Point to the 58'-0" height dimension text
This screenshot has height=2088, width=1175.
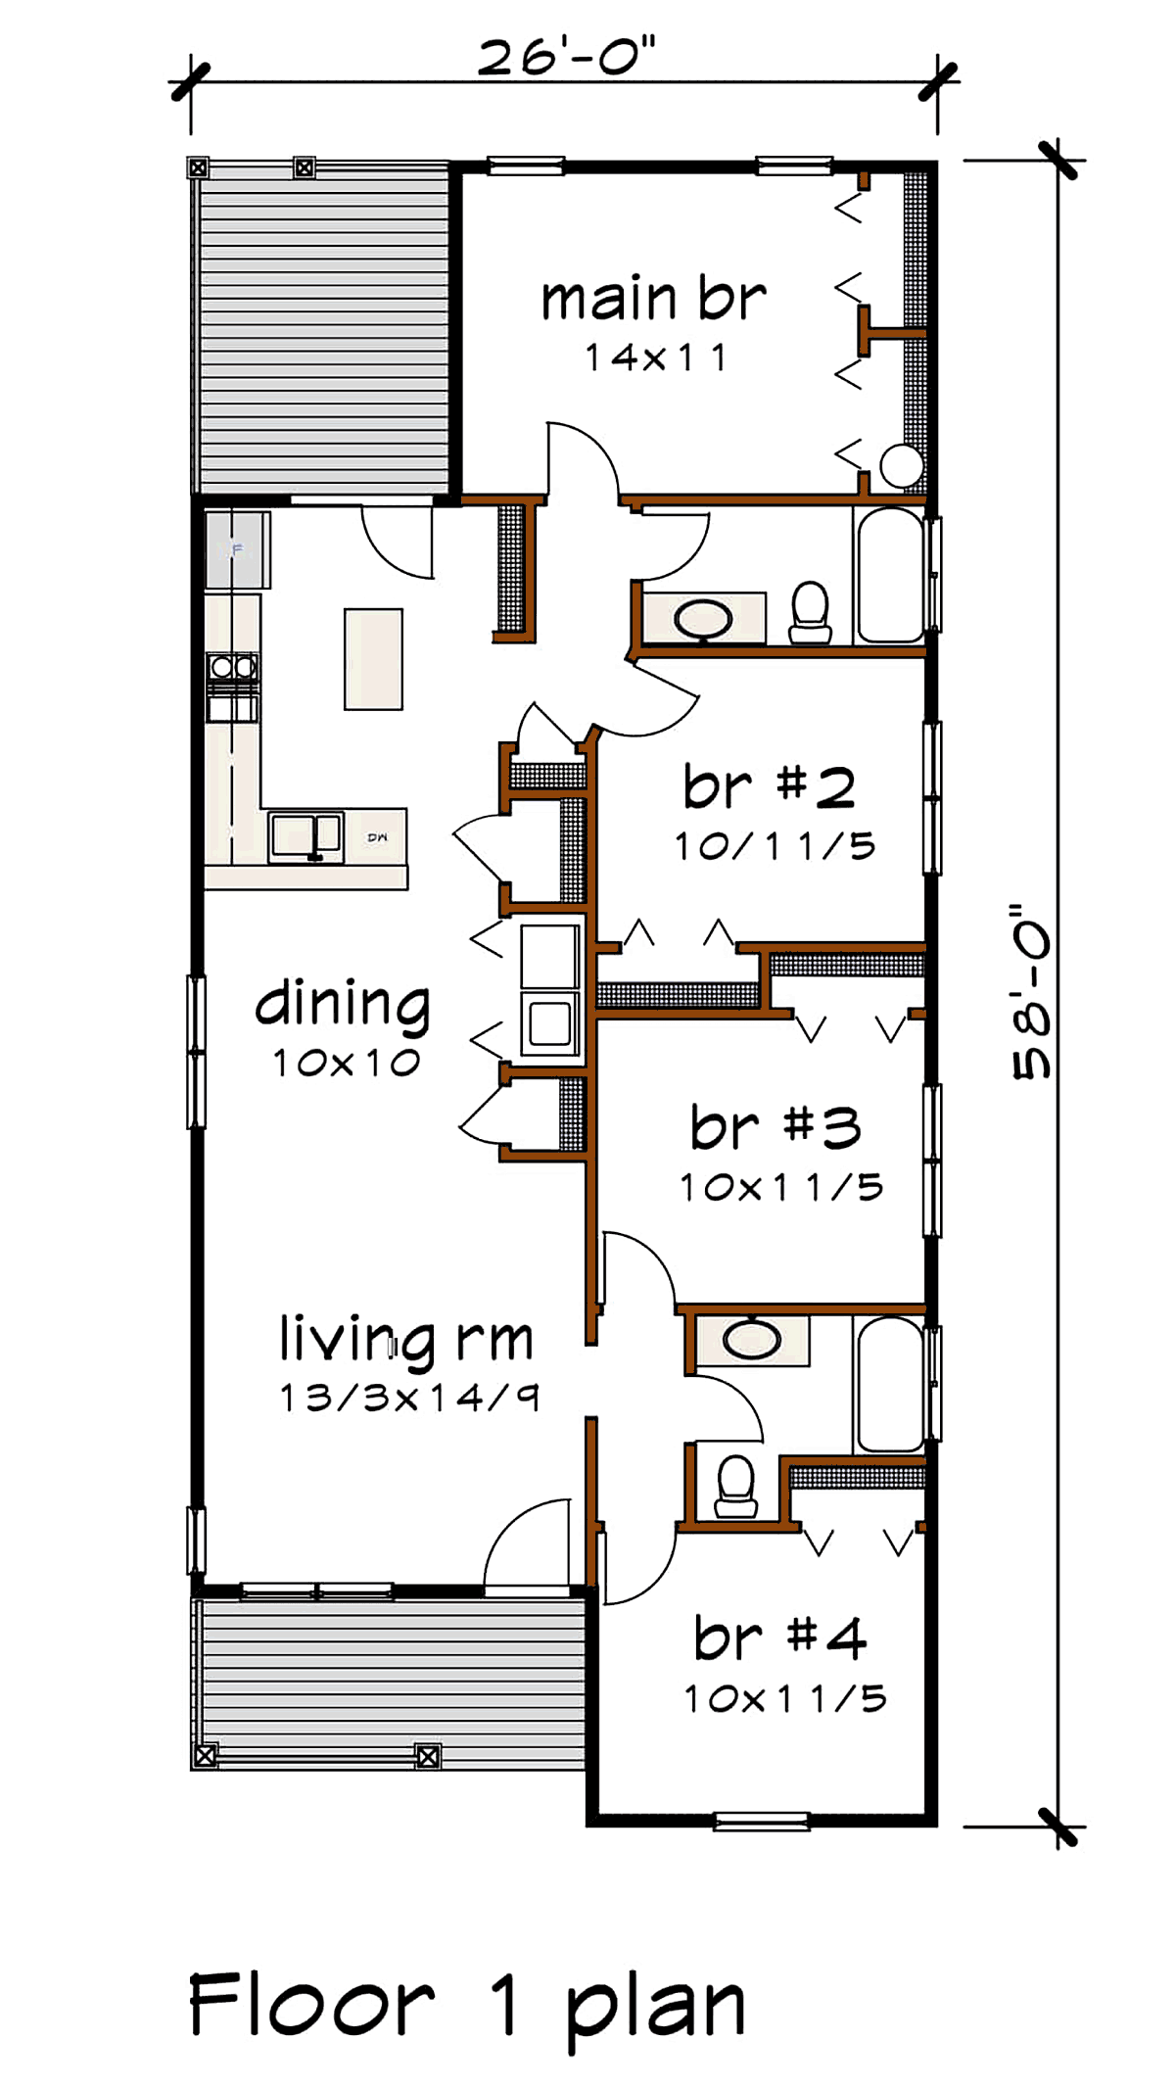1032,992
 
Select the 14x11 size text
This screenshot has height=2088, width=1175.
655,358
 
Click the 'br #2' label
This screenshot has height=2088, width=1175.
770,786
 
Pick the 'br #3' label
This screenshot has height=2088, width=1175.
775,1127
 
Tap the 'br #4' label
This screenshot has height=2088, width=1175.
780,1637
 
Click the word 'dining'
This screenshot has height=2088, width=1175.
343,1006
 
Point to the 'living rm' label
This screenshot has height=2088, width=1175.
406,1341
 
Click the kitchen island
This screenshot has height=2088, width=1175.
373,659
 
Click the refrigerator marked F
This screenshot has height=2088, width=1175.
237,549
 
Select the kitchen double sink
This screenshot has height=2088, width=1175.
305,836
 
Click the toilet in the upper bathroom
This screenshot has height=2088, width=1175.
810,613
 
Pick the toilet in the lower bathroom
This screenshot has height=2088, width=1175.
736,1487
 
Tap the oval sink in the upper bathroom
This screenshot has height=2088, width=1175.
703,619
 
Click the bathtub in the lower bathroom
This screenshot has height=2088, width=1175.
889,1384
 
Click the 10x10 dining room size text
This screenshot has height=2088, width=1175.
347,1064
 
